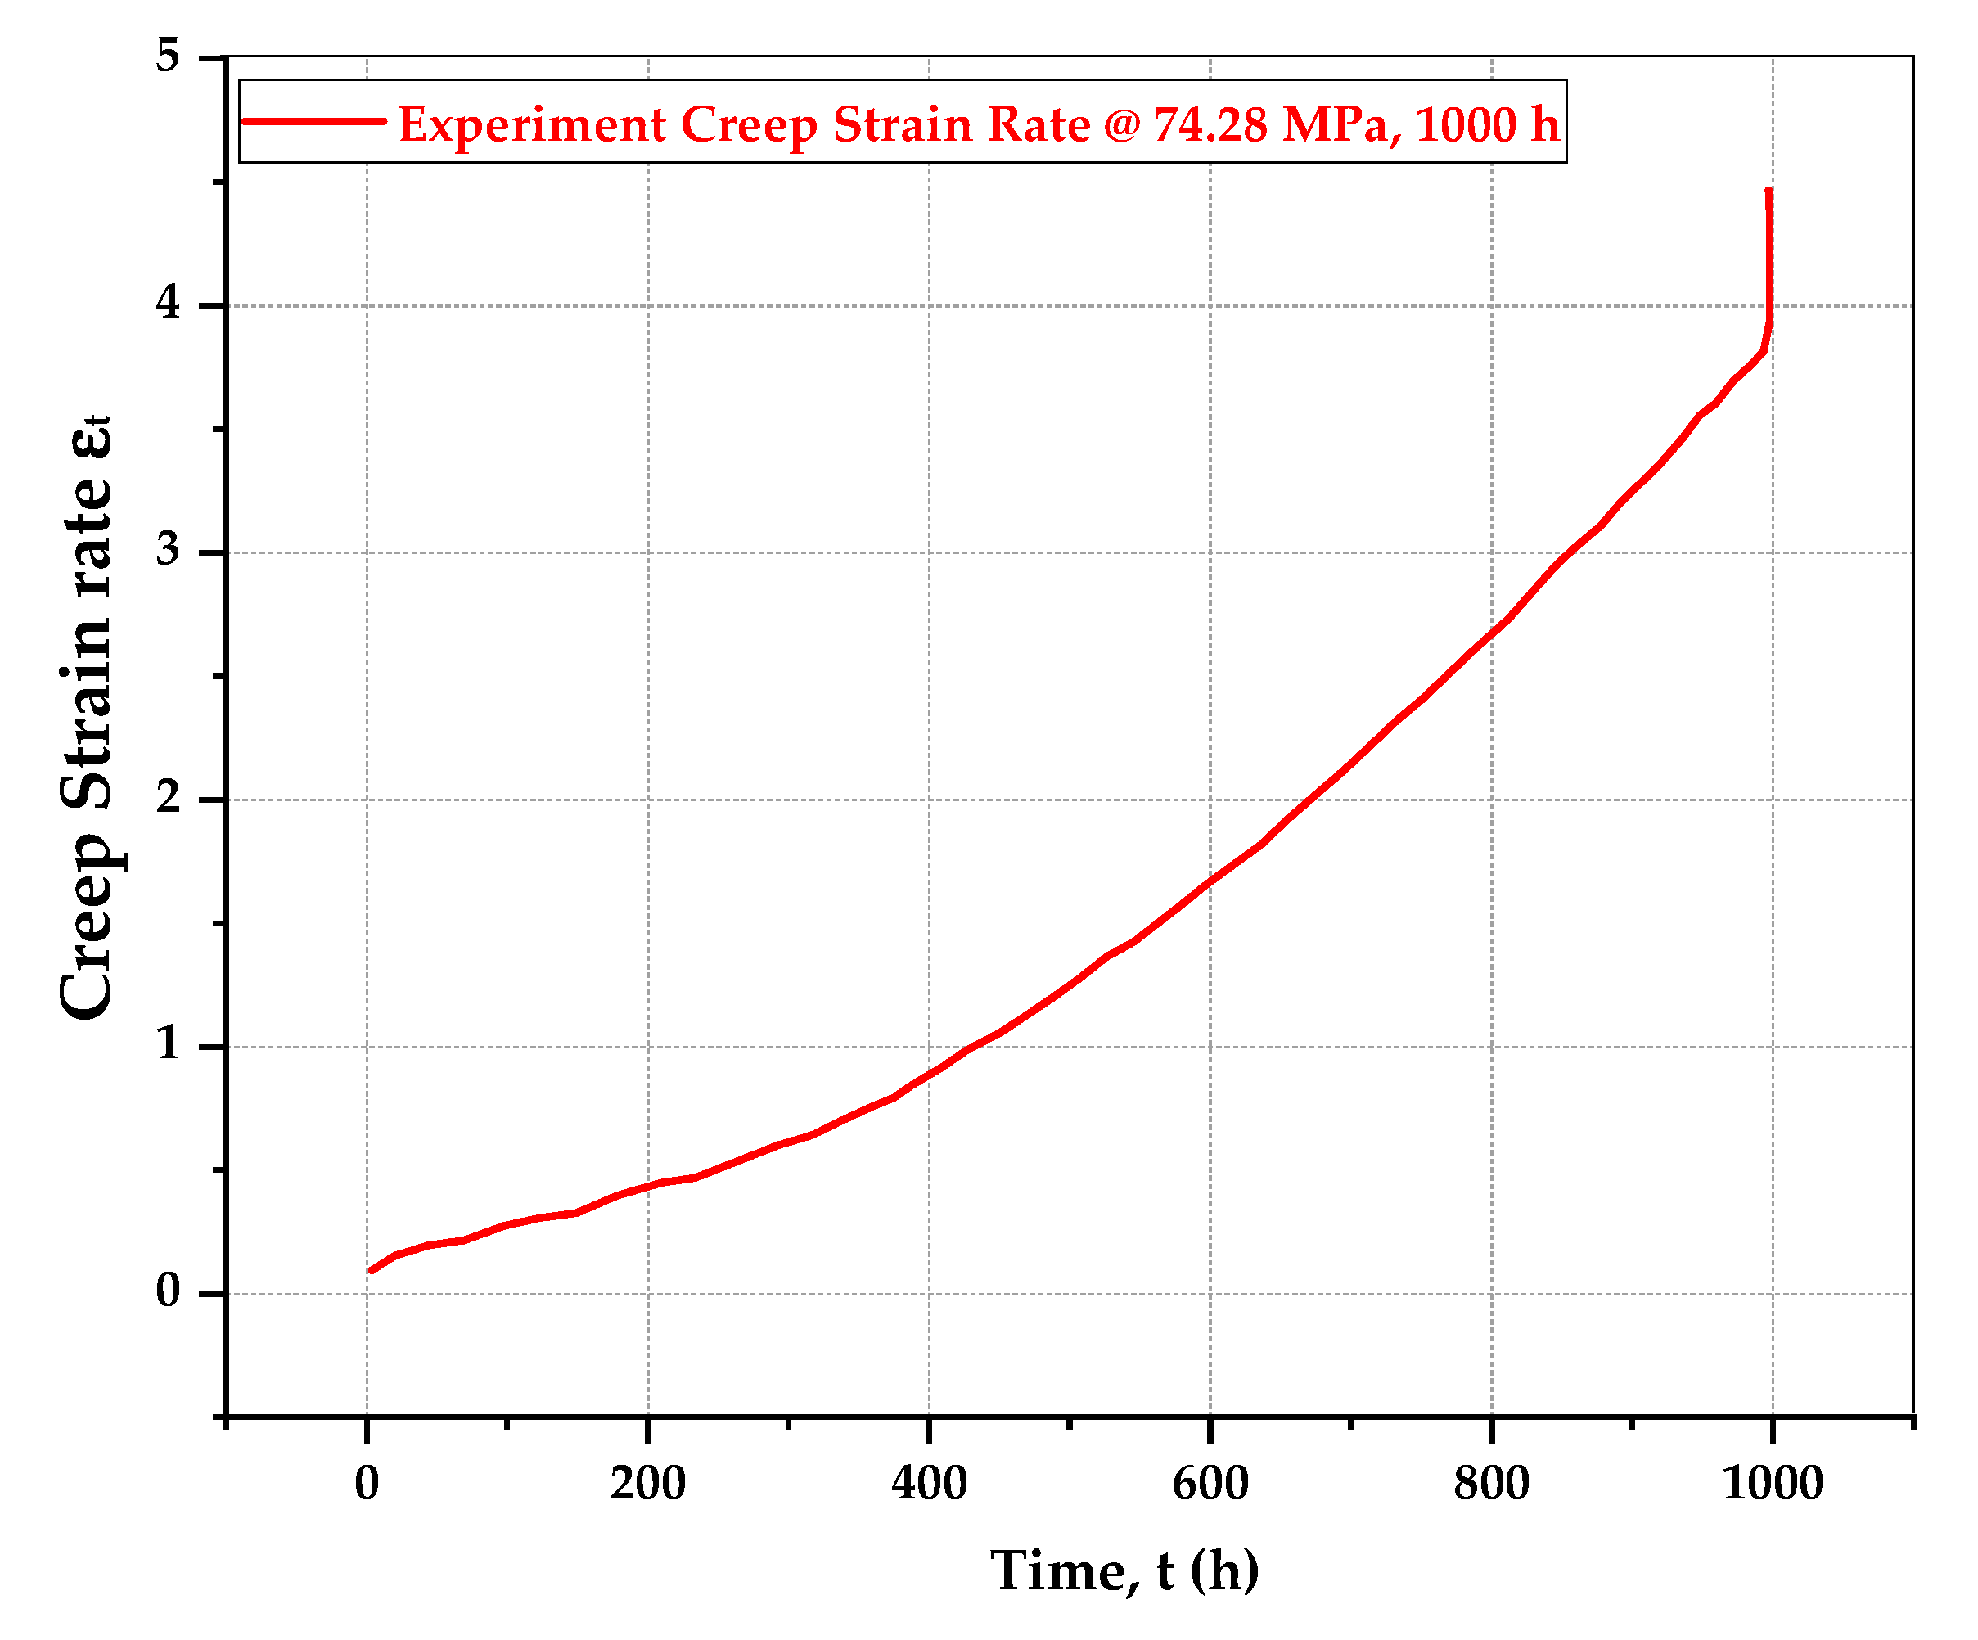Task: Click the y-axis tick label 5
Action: coord(168,56)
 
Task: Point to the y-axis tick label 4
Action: coord(168,304)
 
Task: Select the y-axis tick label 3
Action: coord(168,550)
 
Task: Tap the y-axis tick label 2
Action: coord(168,798)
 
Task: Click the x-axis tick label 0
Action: coord(367,1485)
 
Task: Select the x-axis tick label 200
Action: coord(647,1485)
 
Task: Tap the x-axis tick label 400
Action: coord(929,1485)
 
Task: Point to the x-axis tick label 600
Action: coord(1210,1485)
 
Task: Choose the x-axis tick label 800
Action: coord(1491,1485)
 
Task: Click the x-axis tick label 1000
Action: coord(1772,1485)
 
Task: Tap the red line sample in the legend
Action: coord(313,121)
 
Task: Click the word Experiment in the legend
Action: coord(532,125)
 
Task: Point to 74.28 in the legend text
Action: coord(1210,125)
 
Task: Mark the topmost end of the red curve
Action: coord(1768,191)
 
